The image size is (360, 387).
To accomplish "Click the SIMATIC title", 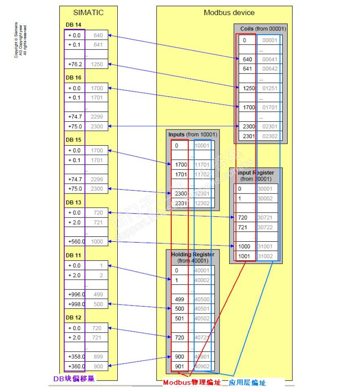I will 88,13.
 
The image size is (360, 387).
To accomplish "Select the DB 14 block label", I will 74,25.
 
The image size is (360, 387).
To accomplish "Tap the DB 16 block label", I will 74,77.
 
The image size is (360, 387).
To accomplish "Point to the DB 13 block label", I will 74,202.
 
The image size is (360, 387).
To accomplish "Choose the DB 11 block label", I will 74,255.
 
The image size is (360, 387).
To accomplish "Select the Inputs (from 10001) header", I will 192,134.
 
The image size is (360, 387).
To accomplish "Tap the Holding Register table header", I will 192,257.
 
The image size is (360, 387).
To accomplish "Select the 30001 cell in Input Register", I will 268,189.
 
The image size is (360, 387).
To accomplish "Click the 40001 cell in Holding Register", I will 202,270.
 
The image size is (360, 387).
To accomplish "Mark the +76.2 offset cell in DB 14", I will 75,64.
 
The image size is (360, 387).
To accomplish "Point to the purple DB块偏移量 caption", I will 74,379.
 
